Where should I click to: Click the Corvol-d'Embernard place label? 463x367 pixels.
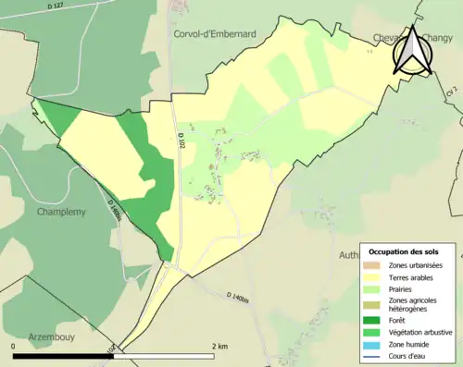[214, 33]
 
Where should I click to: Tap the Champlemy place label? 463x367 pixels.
[60, 212]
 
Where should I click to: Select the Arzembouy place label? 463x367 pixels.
[56, 336]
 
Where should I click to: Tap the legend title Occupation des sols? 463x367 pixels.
[405, 251]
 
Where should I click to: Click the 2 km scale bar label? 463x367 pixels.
[219, 346]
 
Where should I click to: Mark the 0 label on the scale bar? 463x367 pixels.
[14, 346]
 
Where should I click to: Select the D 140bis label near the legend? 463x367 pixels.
[239, 295]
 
